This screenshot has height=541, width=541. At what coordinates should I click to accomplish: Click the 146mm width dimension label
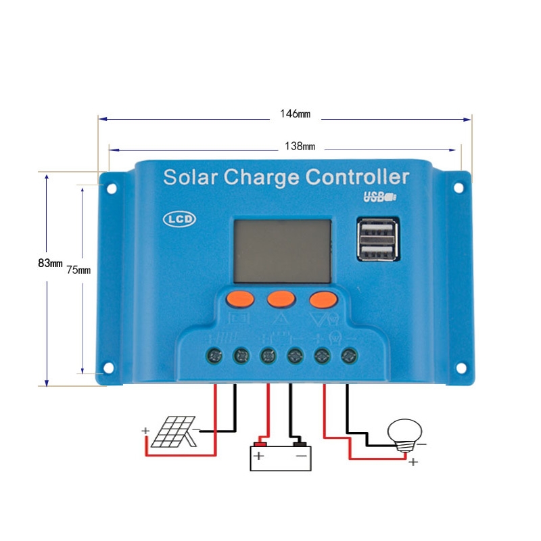[295, 114]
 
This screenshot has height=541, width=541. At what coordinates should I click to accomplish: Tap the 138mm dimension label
[300, 146]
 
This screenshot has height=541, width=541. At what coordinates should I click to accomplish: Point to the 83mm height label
[50, 263]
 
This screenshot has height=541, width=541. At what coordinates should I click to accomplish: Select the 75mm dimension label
[78, 270]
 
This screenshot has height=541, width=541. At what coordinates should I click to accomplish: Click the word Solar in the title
[191, 177]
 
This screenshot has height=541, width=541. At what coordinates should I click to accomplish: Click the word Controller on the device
[357, 177]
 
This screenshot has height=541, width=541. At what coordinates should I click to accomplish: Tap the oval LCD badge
[179, 219]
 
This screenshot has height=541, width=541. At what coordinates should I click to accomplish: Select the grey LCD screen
[283, 251]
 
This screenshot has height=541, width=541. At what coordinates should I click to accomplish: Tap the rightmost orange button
[323, 299]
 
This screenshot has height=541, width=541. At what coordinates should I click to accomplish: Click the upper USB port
[377, 229]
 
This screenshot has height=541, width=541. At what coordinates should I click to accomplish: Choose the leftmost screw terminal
[214, 356]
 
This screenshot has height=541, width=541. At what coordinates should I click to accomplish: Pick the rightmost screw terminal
[349, 356]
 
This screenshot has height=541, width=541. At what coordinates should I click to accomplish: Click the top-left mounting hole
[112, 189]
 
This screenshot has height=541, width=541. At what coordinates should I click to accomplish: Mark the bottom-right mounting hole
[461, 368]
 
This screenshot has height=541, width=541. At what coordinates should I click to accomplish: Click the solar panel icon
[174, 431]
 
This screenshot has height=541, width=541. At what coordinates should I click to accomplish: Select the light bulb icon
[404, 435]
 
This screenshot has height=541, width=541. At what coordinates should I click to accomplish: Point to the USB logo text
[380, 197]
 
